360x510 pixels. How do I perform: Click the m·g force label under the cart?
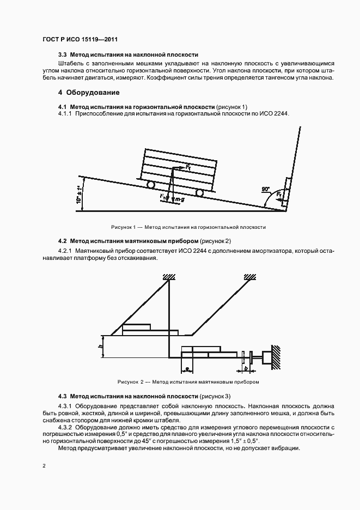[x=178, y=201]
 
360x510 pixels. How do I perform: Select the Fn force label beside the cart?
[x=163, y=196]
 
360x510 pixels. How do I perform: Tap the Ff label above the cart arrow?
[x=188, y=168]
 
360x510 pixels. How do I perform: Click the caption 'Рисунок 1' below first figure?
[x=188, y=227]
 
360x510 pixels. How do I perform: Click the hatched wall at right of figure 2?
[x=277, y=356]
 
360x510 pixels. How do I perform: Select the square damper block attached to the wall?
[x=267, y=357]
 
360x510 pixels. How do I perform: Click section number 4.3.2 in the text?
[x=66, y=428]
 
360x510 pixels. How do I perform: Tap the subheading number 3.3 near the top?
[x=63, y=55]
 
